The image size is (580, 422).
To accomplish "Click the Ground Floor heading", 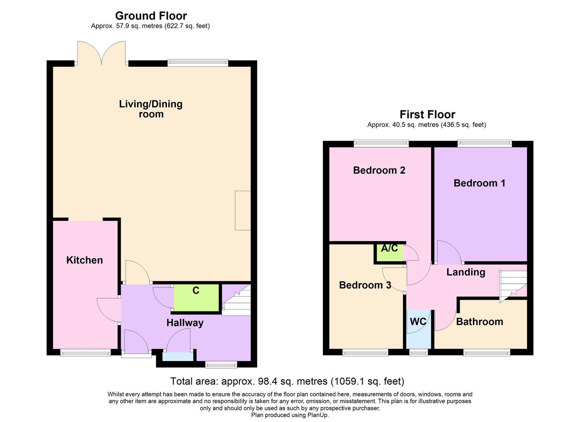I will pos(151,16).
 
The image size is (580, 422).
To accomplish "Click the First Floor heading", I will pos(427,114).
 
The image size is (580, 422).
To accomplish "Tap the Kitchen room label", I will pos(84,260).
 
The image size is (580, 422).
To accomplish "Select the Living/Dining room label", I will pos(151,109).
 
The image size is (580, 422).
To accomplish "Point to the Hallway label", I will pos(185,323).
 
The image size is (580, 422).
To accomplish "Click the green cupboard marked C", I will pos(196,298).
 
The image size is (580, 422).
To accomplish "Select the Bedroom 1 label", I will pos(479,183).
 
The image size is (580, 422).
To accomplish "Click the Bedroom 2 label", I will pos(379,170).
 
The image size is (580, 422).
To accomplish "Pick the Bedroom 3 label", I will pos(365,285).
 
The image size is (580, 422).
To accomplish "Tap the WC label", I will pos(418,322).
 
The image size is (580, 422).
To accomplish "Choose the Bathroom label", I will pos(479,322).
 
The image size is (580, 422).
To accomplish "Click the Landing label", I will pos(466,272).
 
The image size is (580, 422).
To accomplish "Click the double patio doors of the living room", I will pos(102,54).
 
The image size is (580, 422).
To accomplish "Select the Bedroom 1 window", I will pos(484,143).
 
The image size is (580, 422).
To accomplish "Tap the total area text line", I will pos(287,381).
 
